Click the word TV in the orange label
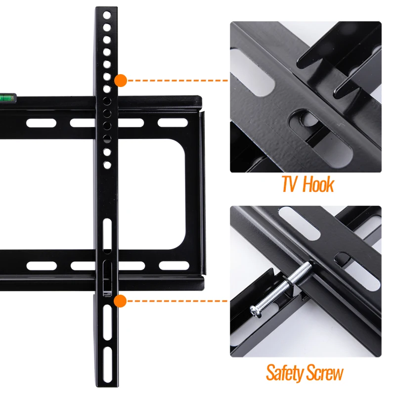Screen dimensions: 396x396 (290, 184)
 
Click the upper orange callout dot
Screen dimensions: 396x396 (120, 80)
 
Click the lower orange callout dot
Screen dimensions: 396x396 (120, 300)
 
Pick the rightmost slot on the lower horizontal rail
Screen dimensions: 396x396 (174, 265)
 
